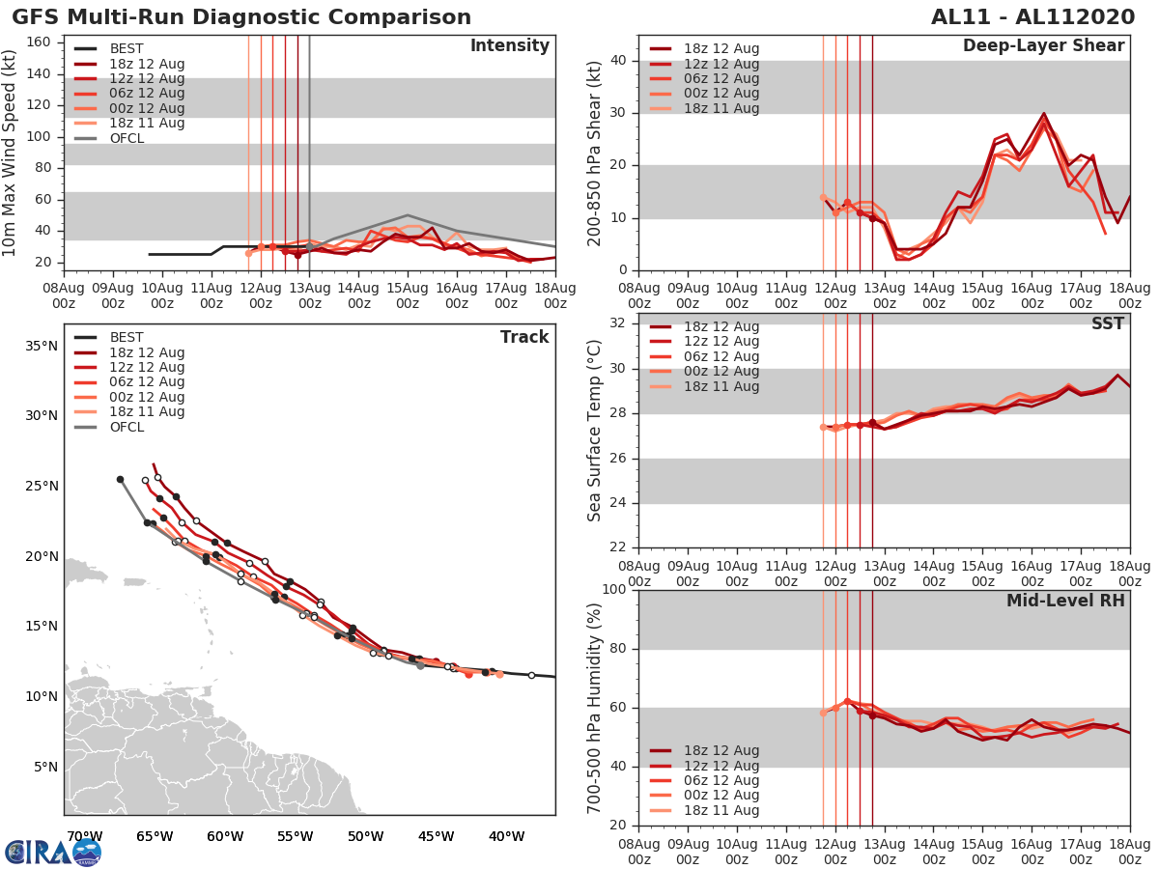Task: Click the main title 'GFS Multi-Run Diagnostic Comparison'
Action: (x=241, y=17)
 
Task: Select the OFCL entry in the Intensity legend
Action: (x=127, y=138)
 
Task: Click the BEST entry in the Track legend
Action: (x=127, y=338)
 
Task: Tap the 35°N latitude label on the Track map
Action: (x=40, y=346)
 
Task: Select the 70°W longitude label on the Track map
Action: (x=84, y=836)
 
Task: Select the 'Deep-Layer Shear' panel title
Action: (x=1043, y=46)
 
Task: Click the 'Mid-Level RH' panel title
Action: (x=1065, y=601)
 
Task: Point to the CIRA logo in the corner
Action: (x=53, y=852)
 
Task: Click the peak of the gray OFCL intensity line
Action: (x=408, y=215)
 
